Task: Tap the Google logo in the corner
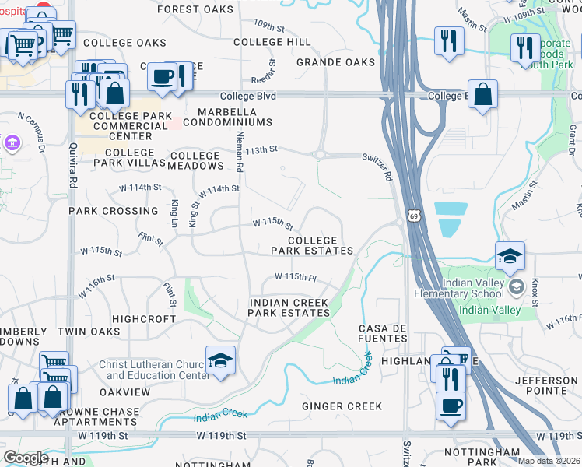(26, 458)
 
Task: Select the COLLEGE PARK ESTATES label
(312, 246)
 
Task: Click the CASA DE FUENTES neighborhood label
(384, 334)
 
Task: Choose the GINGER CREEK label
(342, 406)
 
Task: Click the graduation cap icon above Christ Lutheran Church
(221, 360)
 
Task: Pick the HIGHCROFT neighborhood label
(144, 319)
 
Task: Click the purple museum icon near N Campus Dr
(12, 143)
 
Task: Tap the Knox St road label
(535, 286)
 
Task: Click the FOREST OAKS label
(195, 9)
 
